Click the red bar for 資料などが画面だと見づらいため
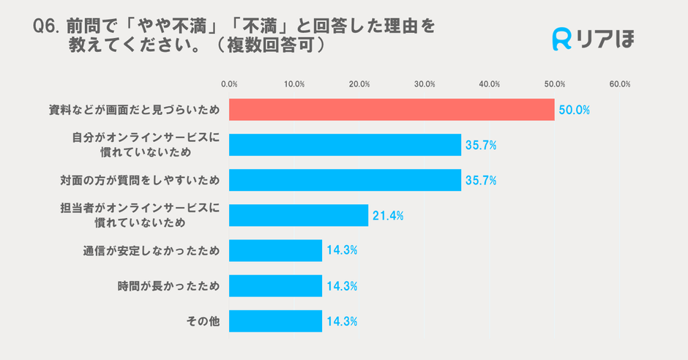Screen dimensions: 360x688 click(392, 110)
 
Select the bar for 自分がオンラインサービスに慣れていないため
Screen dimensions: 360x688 click(345, 145)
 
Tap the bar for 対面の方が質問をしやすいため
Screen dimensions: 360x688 click(345, 180)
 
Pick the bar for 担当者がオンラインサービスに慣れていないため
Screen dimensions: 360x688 click(299, 215)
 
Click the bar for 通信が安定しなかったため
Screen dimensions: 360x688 click(275, 250)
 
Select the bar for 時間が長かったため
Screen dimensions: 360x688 click(275, 285)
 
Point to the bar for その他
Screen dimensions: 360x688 click(275, 320)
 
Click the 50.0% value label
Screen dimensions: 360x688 click(574, 110)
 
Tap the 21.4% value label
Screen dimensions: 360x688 click(388, 216)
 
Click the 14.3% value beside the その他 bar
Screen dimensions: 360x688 click(341, 321)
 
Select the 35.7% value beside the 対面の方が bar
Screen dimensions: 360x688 click(481, 181)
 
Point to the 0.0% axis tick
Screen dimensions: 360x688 click(229, 84)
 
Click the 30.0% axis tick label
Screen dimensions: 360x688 click(425, 84)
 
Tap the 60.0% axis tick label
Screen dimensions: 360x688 click(619, 84)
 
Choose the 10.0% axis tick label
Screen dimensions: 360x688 click(294, 84)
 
